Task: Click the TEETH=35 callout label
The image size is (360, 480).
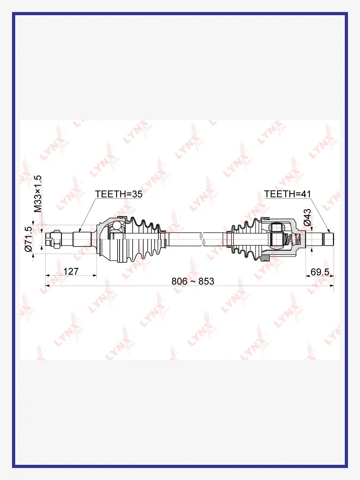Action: [x=119, y=194]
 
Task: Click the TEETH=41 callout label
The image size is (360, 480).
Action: [x=288, y=194]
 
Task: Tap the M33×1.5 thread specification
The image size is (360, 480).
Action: [x=38, y=194]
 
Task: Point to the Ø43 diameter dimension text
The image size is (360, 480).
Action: [x=307, y=217]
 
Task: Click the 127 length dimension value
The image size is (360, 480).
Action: [x=71, y=271]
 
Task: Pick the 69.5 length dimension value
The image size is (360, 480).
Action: [x=320, y=272]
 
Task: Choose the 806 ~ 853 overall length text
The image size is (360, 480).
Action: [x=193, y=281]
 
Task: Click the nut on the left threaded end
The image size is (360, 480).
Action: [x=56, y=239]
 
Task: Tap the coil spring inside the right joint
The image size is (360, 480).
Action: [x=292, y=240]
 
